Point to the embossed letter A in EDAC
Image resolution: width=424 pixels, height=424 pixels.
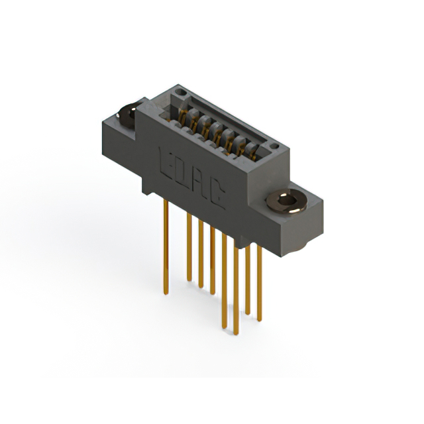(201, 180)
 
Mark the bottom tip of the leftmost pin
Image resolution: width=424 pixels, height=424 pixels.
(166, 291)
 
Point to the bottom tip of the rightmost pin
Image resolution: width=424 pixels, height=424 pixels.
(259, 320)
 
